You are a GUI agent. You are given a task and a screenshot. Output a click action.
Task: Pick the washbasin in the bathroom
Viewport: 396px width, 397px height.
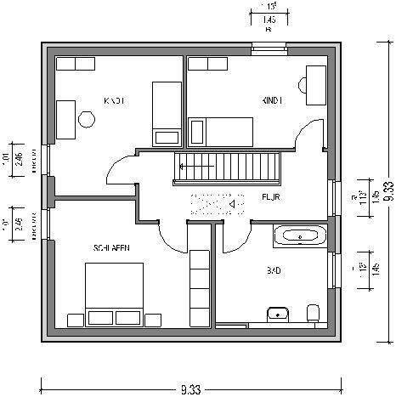click(x=277, y=315)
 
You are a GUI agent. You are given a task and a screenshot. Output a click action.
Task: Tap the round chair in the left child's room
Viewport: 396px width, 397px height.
click(x=88, y=119)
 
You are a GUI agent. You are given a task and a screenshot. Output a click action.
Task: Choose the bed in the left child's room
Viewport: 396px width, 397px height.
click(x=166, y=112)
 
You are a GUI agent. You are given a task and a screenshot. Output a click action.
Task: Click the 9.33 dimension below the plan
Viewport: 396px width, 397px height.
click(x=190, y=388)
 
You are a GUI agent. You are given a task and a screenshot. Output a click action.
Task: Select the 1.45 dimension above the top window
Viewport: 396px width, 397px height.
click(x=268, y=19)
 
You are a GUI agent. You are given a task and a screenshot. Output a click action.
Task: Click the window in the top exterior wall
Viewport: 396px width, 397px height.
click(x=268, y=48)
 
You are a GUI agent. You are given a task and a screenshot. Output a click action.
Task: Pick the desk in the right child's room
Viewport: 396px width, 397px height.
click(x=315, y=84)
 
